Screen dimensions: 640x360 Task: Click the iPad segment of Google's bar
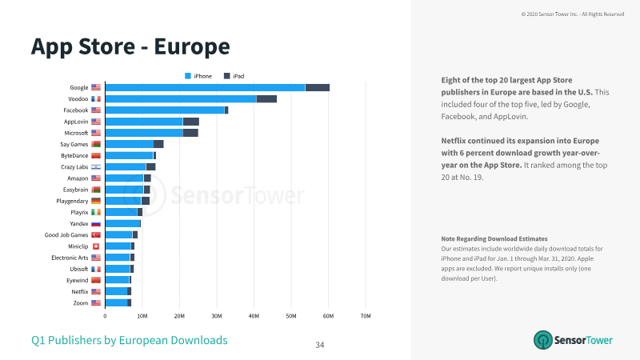click(x=317, y=87)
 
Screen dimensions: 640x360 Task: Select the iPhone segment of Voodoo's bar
click(x=181, y=98)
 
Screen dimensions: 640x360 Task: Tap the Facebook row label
click(x=75, y=110)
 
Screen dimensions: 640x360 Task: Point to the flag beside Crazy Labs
click(x=96, y=167)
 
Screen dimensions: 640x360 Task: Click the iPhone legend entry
click(x=198, y=76)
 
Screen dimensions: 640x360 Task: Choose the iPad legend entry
click(x=234, y=76)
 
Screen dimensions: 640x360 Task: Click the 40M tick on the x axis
click(x=254, y=316)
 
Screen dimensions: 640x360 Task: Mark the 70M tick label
click(x=366, y=316)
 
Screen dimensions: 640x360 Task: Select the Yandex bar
click(x=123, y=224)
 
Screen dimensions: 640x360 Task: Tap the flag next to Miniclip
click(x=96, y=246)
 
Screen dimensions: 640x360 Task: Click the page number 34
click(x=319, y=345)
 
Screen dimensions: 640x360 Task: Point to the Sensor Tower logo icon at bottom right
click(x=543, y=340)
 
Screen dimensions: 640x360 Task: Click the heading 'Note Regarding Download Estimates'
click(x=494, y=238)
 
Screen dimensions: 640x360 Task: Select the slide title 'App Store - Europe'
click(x=130, y=46)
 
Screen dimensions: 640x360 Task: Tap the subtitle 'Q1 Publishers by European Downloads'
click(x=130, y=340)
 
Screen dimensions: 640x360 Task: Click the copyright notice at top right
click(x=573, y=14)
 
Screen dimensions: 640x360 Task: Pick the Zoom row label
click(x=81, y=303)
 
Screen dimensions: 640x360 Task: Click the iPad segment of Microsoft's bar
click(x=190, y=133)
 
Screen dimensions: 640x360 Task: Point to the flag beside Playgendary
click(x=96, y=201)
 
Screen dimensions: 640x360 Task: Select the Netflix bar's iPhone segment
click(x=116, y=291)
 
